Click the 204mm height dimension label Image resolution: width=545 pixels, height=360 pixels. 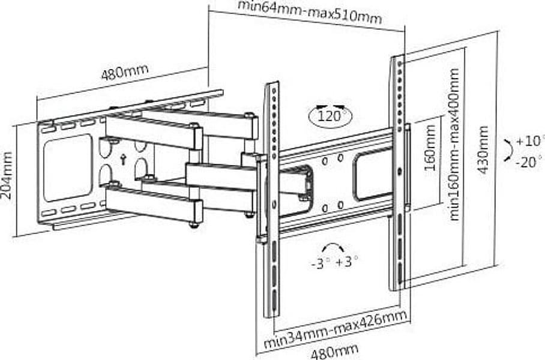(7, 175)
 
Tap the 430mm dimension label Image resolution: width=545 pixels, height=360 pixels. (483, 150)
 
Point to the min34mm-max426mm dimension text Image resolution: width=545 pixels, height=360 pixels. (336, 329)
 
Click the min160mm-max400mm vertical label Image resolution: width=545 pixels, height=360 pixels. (454, 144)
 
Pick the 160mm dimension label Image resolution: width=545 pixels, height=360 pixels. (430, 148)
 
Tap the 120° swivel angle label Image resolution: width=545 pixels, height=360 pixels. (330, 116)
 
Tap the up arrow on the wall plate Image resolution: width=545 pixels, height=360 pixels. (122, 160)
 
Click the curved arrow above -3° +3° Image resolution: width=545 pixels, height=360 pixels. (333, 245)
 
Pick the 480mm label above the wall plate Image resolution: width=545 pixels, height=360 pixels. (125, 72)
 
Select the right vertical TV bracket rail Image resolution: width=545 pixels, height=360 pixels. (397, 173)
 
